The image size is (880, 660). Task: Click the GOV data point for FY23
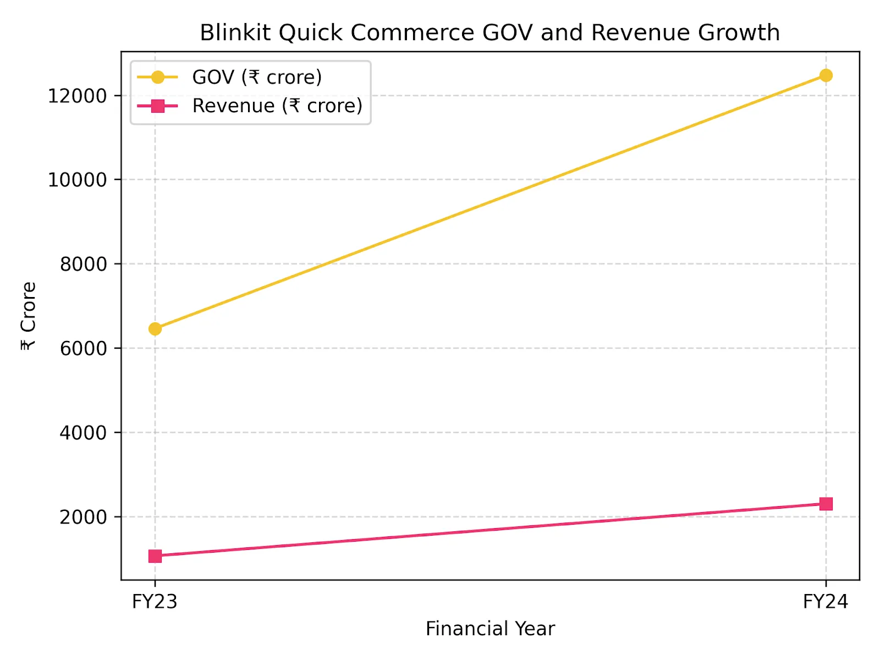click(x=155, y=329)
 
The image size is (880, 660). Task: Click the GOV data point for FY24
click(x=826, y=75)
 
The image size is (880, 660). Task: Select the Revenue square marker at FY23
click(x=155, y=556)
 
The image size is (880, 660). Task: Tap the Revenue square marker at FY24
click(x=826, y=504)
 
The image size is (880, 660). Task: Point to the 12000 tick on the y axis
click(x=77, y=96)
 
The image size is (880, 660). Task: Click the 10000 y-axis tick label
click(x=77, y=180)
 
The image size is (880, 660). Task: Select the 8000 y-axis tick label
click(x=83, y=264)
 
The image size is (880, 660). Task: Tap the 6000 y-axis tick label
click(x=83, y=348)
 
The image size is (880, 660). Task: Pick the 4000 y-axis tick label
click(x=83, y=433)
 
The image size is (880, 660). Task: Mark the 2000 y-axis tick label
click(x=83, y=517)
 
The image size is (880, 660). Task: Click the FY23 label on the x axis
click(x=155, y=602)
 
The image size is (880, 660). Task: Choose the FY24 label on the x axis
click(x=825, y=602)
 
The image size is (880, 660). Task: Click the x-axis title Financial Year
click(x=490, y=629)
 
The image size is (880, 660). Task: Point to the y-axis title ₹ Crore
click(x=28, y=316)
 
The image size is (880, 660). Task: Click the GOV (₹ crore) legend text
click(x=257, y=77)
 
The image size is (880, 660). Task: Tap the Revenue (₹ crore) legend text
click(x=277, y=106)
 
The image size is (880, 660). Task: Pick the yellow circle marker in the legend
click(x=158, y=77)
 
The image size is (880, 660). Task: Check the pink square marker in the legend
click(x=158, y=106)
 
